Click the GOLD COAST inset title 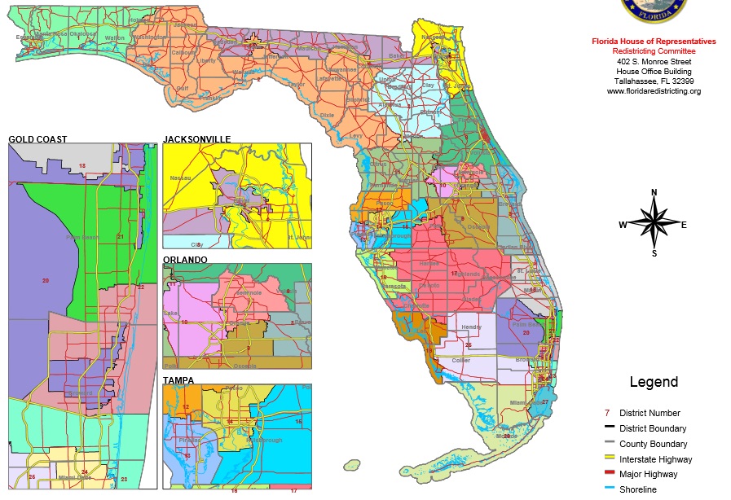(37, 139)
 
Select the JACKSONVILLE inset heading (196, 139)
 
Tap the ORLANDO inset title (185, 260)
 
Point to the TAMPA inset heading (178, 380)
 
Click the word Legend (653, 382)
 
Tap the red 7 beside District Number (608, 413)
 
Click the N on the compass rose (654, 193)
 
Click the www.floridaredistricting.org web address (654, 91)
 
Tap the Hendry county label (471, 327)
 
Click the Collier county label (461, 360)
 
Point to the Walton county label (116, 37)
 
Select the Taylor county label (296, 84)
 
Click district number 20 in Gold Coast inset (46, 280)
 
